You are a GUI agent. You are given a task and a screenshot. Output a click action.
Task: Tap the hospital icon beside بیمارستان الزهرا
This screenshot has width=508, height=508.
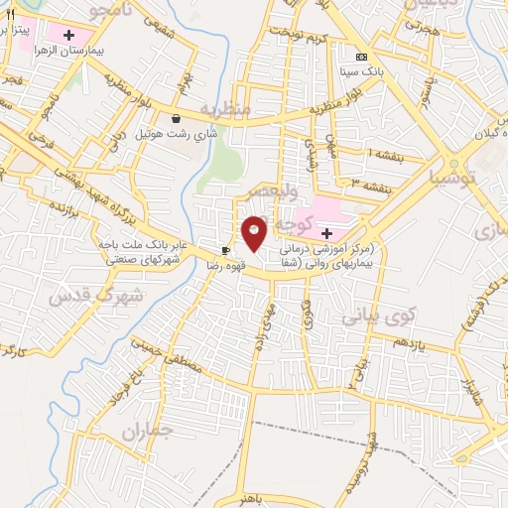pyautogui.click(x=68, y=36)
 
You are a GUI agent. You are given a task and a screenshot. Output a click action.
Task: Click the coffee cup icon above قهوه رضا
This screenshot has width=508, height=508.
pyautogui.click(x=226, y=250)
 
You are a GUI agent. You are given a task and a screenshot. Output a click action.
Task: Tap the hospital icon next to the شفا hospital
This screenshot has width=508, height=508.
pyautogui.click(x=327, y=232)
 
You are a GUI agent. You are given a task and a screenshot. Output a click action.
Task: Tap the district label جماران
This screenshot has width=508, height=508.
pyautogui.click(x=148, y=432)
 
